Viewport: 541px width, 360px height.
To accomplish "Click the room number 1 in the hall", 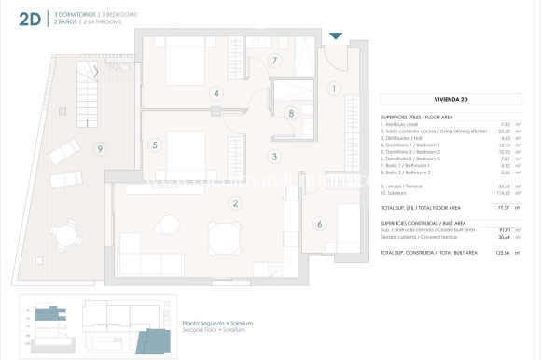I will pos(334,89).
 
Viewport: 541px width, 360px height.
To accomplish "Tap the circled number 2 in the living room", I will pos(236,203).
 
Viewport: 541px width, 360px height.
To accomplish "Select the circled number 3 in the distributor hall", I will pos(274,157).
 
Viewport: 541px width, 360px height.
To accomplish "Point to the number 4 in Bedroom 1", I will pos(216,93).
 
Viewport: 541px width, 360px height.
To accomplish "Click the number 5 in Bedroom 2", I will pos(156,145).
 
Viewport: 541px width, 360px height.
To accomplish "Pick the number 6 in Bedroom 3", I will pos(319,224).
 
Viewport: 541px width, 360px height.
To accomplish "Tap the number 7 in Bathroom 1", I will pos(274,61).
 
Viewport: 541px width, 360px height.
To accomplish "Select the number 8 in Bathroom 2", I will pos(291,114).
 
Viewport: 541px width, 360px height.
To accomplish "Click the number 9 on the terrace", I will pos(100,149).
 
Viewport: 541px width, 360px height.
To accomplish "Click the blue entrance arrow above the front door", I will pos(336,35).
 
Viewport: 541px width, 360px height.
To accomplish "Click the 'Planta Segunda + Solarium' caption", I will pos(218,324).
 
